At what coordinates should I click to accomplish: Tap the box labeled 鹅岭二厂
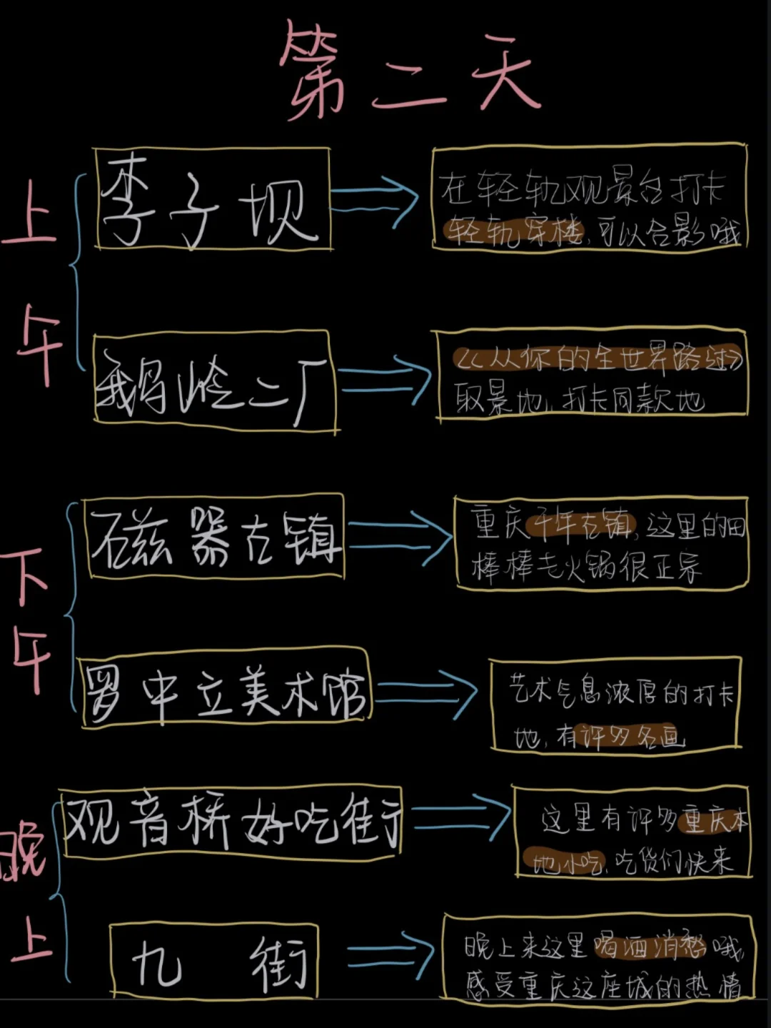pyautogui.click(x=214, y=382)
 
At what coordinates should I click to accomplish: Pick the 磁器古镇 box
pyautogui.click(x=214, y=537)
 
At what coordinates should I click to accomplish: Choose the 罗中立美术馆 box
pyautogui.click(x=224, y=689)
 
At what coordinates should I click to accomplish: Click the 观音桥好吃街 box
pyautogui.click(x=231, y=822)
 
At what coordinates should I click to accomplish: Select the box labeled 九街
pyautogui.click(x=214, y=961)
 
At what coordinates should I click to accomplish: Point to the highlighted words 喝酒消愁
pyautogui.click(x=650, y=947)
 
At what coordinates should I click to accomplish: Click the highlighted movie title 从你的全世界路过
pyautogui.click(x=597, y=358)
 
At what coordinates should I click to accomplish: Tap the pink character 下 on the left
pyautogui.click(x=27, y=575)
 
